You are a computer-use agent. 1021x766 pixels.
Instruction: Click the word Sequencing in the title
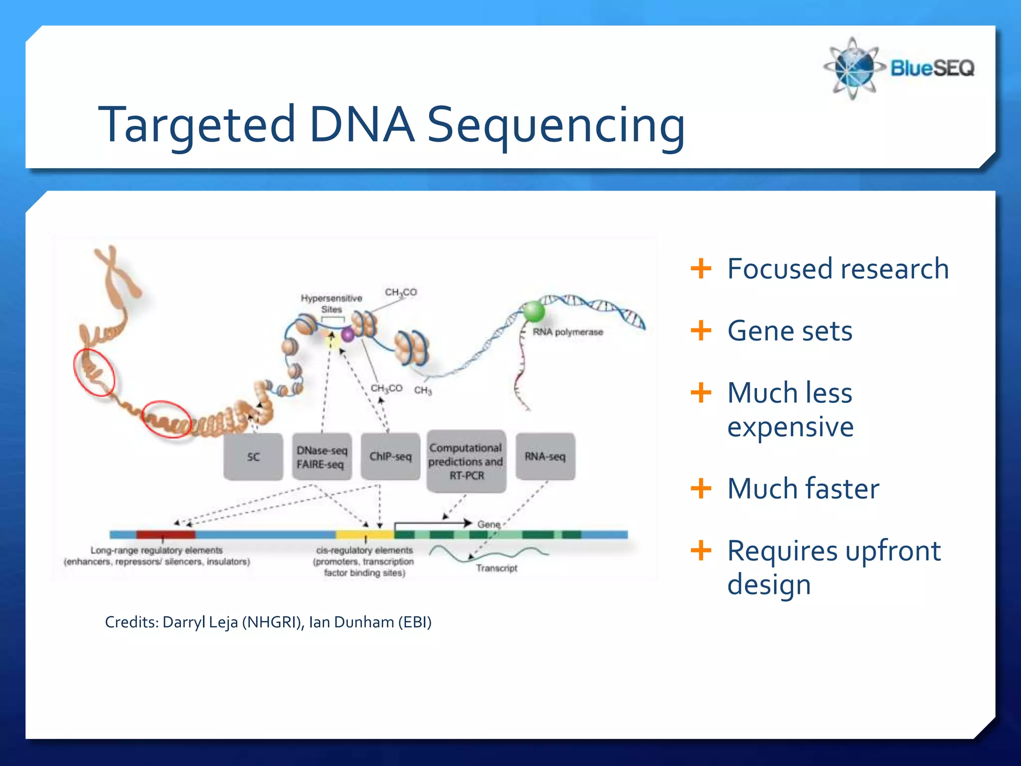pos(556,125)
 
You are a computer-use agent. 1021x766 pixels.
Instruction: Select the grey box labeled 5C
pos(253,457)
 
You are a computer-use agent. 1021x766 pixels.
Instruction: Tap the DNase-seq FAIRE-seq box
pos(322,457)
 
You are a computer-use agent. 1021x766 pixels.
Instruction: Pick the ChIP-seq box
pos(390,457)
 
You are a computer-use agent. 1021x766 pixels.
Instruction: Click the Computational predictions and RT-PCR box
pos(466,461)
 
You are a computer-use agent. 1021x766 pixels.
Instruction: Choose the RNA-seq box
pos(545,457)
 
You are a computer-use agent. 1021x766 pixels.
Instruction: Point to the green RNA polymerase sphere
pos(533,312)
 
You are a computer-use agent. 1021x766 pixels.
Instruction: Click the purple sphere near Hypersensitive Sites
pos(347,335)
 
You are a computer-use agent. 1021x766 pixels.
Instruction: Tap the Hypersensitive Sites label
pos(332,303)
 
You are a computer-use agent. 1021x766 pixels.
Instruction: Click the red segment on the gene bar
pos(166,535)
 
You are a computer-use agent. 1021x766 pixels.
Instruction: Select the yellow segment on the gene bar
pos(364,535)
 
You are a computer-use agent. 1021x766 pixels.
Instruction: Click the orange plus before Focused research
pos(701,269)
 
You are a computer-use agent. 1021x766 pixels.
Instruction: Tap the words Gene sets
pos(790,331)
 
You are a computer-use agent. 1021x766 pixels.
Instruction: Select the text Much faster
pos(803,488)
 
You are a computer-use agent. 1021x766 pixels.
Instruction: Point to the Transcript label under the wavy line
pos(497,568)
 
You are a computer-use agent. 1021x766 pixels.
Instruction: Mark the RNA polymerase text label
pos(568,332)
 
